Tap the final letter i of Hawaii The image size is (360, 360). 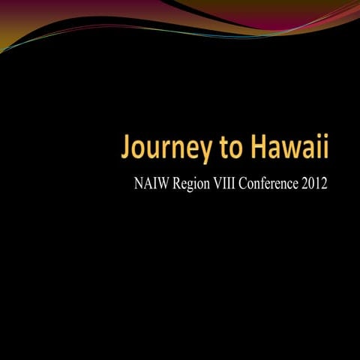[325, 148]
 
